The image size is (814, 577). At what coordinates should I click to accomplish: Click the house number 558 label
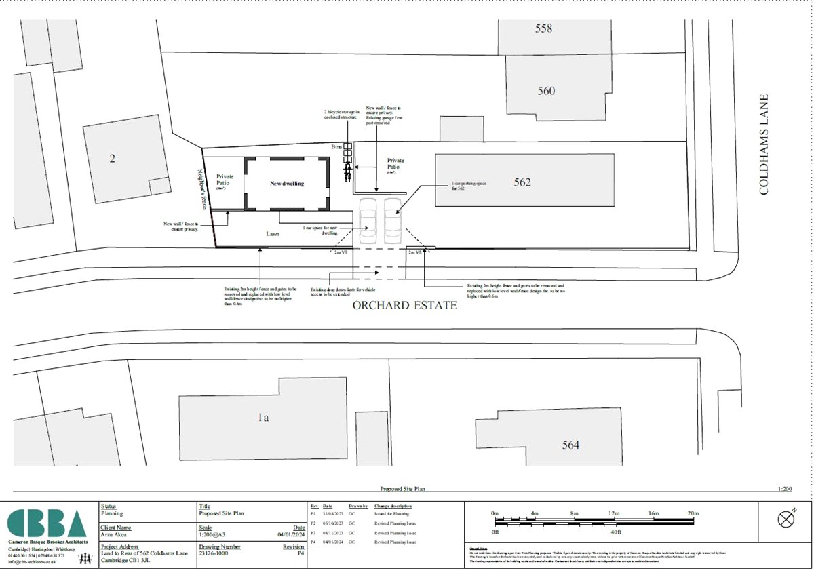pyautogui.click(x=543, y=28)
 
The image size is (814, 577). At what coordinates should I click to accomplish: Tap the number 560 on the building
pyautogui.click(x=546, y=91)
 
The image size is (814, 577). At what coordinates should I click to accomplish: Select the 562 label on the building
pyautogui.click(x=522, y=182)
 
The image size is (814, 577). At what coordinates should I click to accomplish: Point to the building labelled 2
pyautogui.click(x=113, y=159)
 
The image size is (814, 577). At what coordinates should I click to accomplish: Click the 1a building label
pyautogui.click(x=263, y=418)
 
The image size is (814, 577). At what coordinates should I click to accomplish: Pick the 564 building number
pyautogui.click(x=570, y=445)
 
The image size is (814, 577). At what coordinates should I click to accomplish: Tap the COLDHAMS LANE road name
pyautogui.click(x=764, y=144)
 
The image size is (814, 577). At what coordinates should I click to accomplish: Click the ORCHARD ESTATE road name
pyautogui.click(x=404, y=305)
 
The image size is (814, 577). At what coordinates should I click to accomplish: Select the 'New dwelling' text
pyautogui.click(x=287, y=184)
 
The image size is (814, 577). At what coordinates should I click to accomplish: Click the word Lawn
pyautogui.click(x=273, y=233)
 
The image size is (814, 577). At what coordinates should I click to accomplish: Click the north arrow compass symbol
pyautogui.click(x=786, y=520)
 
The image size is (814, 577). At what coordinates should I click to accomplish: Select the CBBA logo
pyautogui.click(x=47, y=523)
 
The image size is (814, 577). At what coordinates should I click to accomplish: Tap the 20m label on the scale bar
pyautogui.click(x=693, y=513)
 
